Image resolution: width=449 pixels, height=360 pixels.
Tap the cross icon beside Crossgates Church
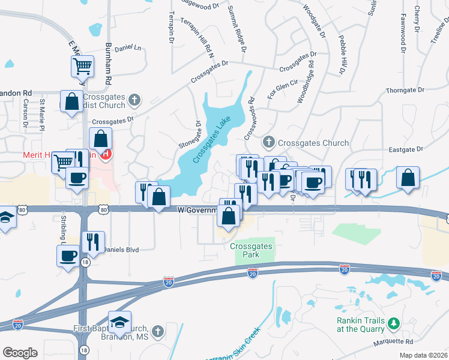click(268, 142)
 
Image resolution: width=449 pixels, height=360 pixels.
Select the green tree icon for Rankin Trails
click(393, 324)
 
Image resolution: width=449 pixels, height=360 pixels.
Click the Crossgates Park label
click(252, 250)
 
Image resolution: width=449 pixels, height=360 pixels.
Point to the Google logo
click(20, 353)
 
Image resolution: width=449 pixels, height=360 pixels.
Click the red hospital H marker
click(107, 154)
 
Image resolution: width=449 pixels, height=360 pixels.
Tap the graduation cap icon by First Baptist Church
click(120, 323)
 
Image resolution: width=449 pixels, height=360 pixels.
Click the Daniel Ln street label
click(127, 47)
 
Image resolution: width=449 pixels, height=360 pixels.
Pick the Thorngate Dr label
click(405, 90)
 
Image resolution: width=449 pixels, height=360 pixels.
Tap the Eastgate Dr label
click(406, 149)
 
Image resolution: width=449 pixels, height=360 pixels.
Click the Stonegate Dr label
click(189, 137)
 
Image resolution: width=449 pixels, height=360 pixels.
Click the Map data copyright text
click(423, 355)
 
